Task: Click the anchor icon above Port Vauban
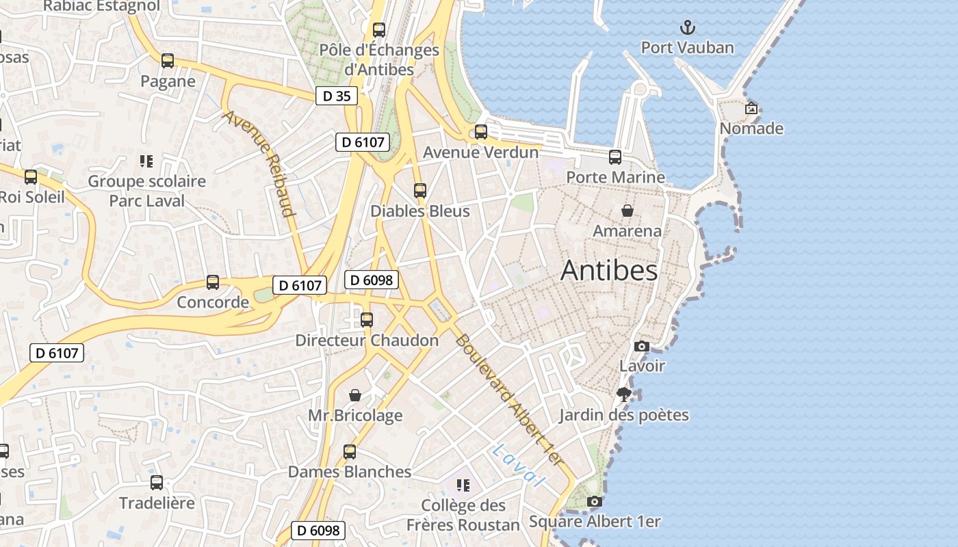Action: point(688,27)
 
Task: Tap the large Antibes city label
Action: point(609,271)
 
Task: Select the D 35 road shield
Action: point(337,96)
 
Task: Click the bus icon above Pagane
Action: point(168,60)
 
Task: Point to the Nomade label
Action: point(751,129)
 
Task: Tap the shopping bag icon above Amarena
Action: point(627,211)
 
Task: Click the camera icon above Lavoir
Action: point(641,346)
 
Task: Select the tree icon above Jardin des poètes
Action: point(623,395)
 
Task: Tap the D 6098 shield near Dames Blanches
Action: point(318,530)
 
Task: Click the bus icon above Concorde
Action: point(213,282)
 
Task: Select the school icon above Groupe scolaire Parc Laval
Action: point(146,161)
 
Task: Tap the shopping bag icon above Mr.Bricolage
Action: point(354,395)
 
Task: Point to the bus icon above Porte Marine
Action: point(614,157)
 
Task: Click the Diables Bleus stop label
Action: point(420,211)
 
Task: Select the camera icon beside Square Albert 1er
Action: point(595,501)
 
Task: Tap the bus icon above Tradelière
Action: point(157,483)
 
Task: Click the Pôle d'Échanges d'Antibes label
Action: point(379,59)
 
